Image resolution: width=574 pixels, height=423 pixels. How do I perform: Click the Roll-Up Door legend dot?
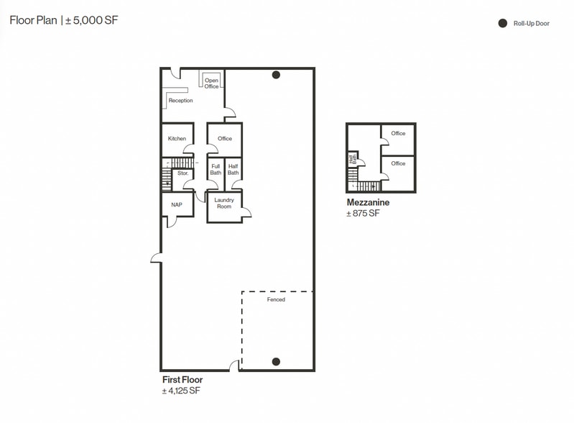503,24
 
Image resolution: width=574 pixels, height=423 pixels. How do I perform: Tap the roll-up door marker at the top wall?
276,75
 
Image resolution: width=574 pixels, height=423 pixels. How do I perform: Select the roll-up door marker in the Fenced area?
276,361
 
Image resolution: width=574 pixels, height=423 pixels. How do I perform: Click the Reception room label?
180,101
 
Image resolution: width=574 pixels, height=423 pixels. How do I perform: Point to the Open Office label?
211,83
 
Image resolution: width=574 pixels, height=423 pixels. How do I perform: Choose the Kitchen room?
177,139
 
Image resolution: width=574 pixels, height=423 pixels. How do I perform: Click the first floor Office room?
225,139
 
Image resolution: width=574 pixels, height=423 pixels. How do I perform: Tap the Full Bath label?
216,170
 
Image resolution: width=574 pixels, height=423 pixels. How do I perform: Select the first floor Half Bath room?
233,170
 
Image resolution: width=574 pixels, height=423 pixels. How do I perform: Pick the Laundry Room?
224,204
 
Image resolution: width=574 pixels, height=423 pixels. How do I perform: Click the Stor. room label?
182,173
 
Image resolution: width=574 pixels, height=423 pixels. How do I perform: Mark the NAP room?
177,205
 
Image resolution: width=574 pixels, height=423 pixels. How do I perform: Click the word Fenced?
276,299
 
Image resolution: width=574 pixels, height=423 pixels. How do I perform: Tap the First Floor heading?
182,380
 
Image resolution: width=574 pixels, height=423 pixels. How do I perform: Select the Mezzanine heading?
368,203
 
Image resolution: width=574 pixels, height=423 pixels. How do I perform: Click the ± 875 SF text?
363,214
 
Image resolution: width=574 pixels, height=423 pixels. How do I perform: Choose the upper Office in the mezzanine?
398,133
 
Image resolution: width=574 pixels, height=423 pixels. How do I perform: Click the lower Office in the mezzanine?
398,164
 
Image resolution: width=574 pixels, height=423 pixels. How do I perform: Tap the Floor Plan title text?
63,20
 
